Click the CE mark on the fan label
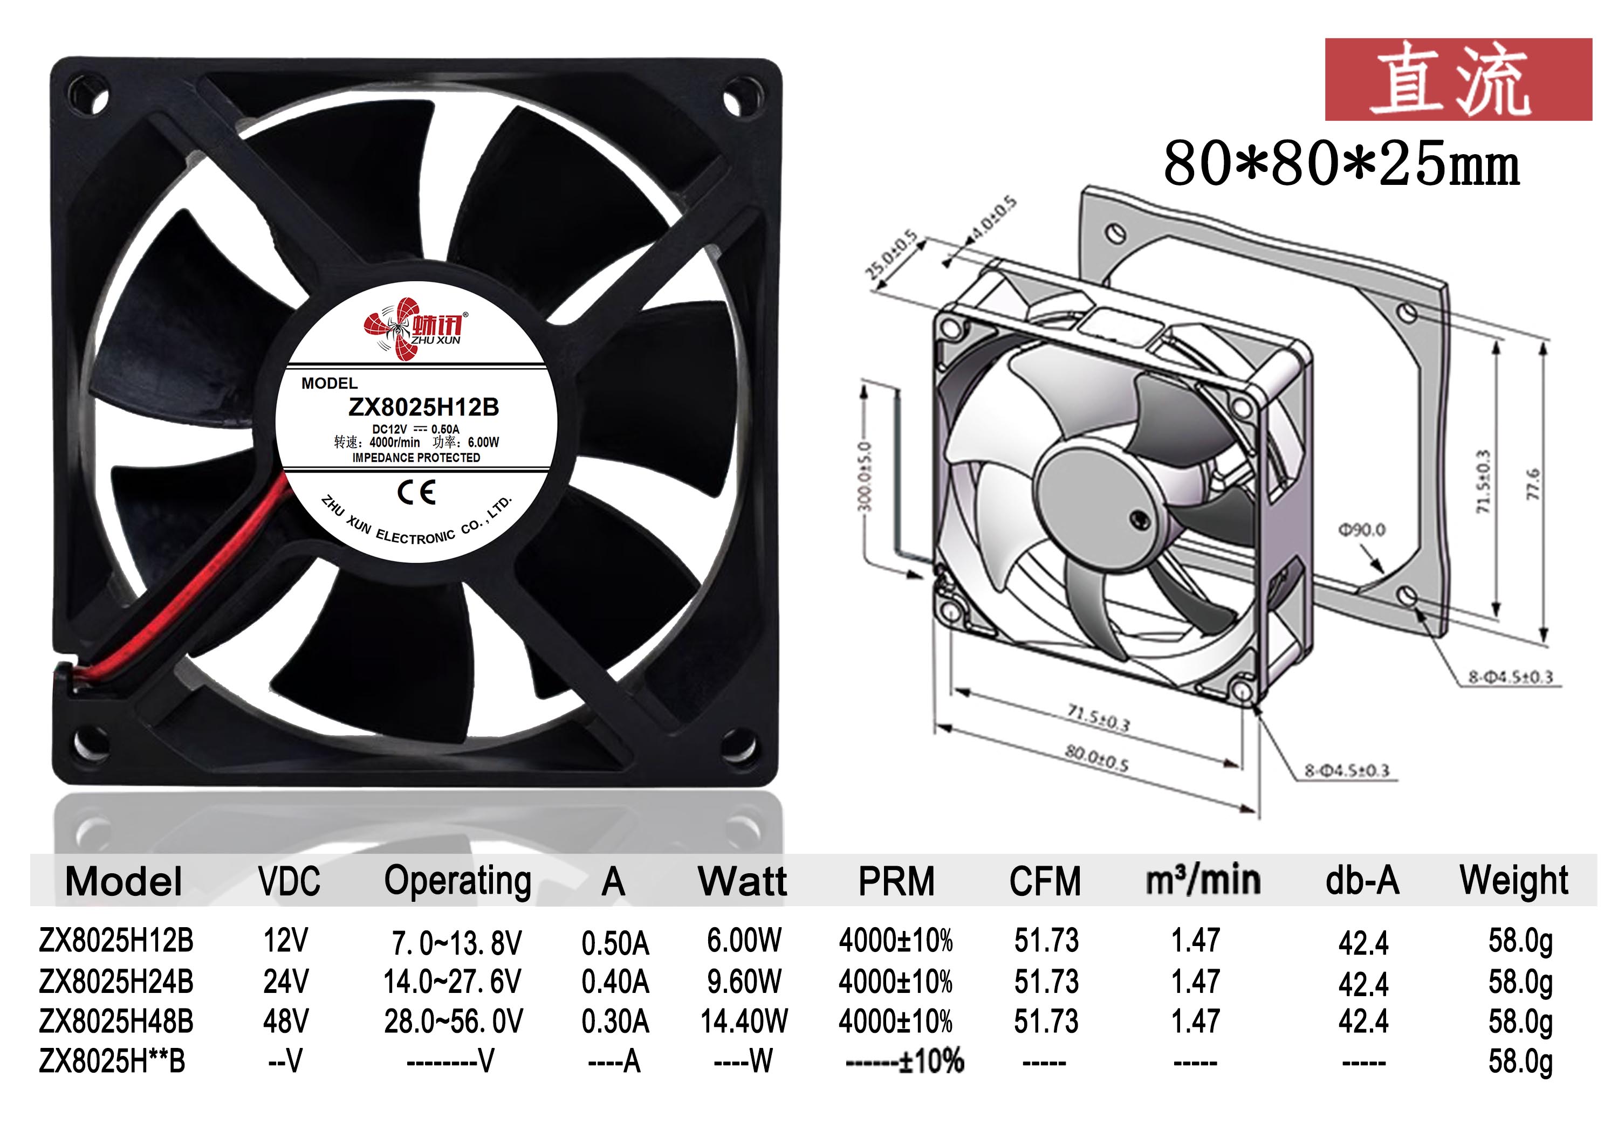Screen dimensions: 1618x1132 (x=416, y=492)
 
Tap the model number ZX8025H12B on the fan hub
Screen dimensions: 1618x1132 (x=423, y=407)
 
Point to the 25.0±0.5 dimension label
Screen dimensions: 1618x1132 (x=892, y=254)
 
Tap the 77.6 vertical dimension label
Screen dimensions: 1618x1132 (x=1533, y=484)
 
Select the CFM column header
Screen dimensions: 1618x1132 (x=1045, y=881)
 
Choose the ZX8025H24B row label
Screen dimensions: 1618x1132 (x=116, y=981)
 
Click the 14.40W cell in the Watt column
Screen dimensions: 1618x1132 (x=744, y=1021)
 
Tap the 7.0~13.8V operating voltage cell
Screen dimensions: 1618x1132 (x=457, y=942)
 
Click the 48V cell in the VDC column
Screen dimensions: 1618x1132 (x=285, y=1021)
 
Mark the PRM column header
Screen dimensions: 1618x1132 (x=896, y=881)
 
